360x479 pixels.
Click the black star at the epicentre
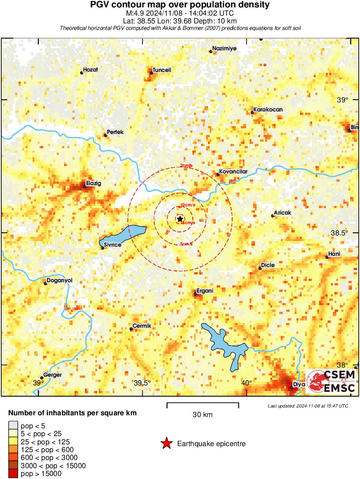point(180,219)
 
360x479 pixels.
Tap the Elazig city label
point(94,183)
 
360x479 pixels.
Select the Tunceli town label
point(162,70)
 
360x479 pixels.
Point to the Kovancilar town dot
point(218,174)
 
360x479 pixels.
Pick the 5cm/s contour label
point(186,244)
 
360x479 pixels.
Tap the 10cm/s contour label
point(187,205)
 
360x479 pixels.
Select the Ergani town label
point(205,290)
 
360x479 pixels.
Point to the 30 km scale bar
point(203,405)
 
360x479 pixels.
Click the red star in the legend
point(166,443)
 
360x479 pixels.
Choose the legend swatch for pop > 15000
point(13,473)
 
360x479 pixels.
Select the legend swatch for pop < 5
point(13,425)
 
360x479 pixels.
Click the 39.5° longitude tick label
point(142,383)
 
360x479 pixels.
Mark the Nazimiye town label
point(224,49)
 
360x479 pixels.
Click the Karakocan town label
point(268,110)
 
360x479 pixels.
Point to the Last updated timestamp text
point(308,406)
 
